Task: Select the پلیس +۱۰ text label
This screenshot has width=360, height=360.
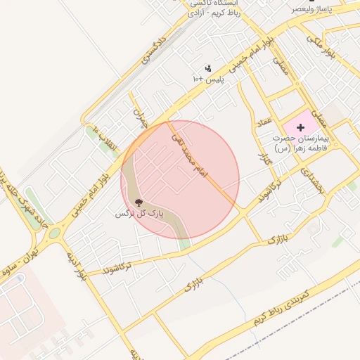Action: tap(208, 79)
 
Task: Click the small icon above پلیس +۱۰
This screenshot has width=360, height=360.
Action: tap(208, 69)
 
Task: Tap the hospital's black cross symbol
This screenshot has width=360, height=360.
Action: tap(301, 127)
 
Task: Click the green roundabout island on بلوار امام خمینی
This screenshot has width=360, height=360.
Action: tap(54, 233)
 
